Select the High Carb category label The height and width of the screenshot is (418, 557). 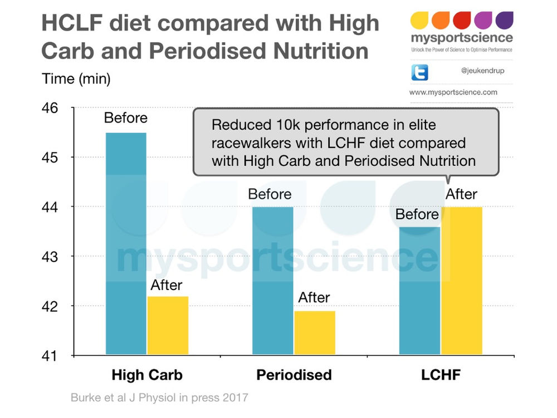(x=147, y=375)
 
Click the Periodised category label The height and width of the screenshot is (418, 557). (x=294, y=375)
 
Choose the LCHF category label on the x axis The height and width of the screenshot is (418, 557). (x=441, y=375)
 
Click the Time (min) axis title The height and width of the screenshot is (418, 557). (x=76, y=78)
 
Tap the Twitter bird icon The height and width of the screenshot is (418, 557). (x=419, y=72)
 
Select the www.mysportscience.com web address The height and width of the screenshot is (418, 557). (x=453, y=92)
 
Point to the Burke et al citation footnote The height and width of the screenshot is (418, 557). (x=159, y=398)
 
